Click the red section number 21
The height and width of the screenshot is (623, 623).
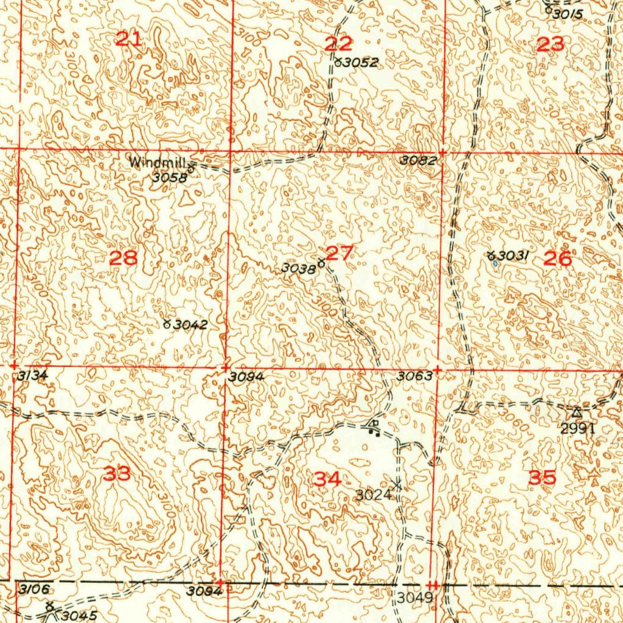click(x=128, y=40)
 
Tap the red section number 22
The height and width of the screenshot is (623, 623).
click(x=339, y=43)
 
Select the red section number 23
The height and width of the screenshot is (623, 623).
click(x=551, y=44)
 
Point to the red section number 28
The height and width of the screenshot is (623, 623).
click(x=124, y=258)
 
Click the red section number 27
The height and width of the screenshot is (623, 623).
click(x=339, y=253)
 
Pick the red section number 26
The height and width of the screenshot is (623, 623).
click(x=557, y=259)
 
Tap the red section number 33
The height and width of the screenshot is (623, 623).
click(x=117, y=473)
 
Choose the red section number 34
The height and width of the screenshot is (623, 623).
click(x=327, y=479)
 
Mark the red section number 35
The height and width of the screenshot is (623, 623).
click(x=541, y=478)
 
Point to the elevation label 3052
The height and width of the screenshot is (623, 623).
click(x=360, y=62)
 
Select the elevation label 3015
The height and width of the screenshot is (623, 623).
click(x=568, y=14)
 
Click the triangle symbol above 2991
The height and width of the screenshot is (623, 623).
click(x=576, y=412)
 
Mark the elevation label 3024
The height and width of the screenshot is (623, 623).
click(x=373, y=495)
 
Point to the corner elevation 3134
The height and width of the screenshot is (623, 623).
click(x=32, y=376)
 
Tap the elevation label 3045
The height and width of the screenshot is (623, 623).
click(x=78, y=616)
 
